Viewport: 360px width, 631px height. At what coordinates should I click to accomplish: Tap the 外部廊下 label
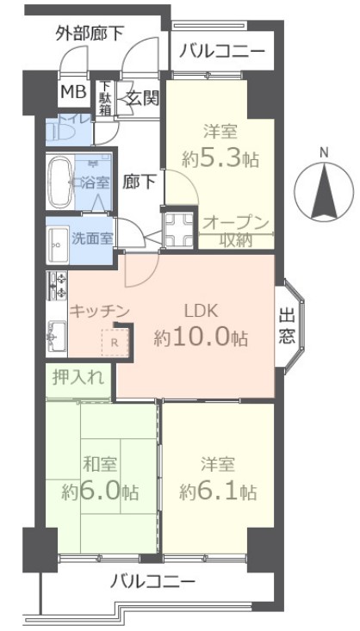[x=90, y=34]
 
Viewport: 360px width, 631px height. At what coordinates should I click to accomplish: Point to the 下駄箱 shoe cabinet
[x=104, y=96]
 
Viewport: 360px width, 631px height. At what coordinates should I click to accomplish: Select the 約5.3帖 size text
[x=220, y=158]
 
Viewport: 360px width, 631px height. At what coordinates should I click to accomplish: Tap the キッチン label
[x=100, y=311]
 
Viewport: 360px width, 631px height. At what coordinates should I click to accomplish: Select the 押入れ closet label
[x=79, y=376]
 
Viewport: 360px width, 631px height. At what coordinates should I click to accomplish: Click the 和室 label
[x=99, y=465]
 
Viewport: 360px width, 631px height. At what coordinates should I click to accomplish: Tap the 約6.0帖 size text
[x=99, y=492]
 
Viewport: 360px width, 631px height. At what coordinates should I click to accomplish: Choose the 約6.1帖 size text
[x=218, y=492]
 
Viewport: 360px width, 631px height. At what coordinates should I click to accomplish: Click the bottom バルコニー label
[x=153, y=582]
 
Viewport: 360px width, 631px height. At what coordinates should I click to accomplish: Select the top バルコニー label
[x=222, y=53]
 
